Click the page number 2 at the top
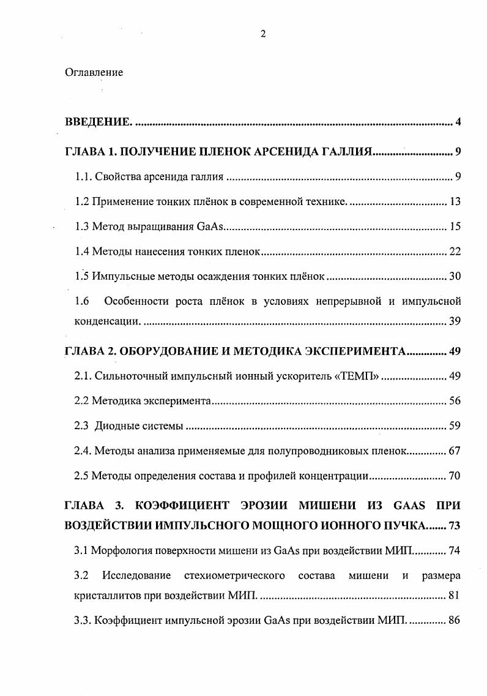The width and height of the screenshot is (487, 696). pos(263,34)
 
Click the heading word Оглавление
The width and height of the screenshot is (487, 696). pos(94,72)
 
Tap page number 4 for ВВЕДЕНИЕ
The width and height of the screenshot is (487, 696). pos(458,122)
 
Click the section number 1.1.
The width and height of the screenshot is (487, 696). pos(83,178)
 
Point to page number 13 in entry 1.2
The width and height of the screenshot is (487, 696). pos(455,202)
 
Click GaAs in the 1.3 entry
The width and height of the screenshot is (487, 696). pos(211,226)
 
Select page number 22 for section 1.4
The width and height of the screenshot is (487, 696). pos(455,251)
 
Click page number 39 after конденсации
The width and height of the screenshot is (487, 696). pos(455,321)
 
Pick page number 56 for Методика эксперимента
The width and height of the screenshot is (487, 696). pos(455,401)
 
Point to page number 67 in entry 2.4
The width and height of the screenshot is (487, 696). pos(455,451)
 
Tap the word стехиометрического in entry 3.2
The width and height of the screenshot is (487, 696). pos(234,575)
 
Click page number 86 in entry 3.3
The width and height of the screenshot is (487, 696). pos(455,619)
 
